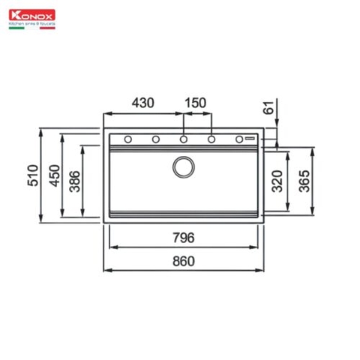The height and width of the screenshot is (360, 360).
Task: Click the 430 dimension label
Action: pos(143,102)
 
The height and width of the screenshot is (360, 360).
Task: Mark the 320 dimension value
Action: pos(277,182)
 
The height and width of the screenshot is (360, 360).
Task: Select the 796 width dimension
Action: pos(183,239)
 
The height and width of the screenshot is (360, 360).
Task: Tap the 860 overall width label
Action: pos(183,262)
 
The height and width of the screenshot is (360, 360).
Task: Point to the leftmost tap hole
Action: pos(127,139)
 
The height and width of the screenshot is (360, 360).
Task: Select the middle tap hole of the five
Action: pos(184,139)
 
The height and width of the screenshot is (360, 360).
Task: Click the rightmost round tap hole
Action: pos(240,139)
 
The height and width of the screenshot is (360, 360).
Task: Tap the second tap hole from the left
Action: pos(156,139)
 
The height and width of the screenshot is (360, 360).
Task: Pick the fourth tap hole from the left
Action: pos(212,139)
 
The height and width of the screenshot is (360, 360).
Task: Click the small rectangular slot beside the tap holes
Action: pos(251,139)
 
